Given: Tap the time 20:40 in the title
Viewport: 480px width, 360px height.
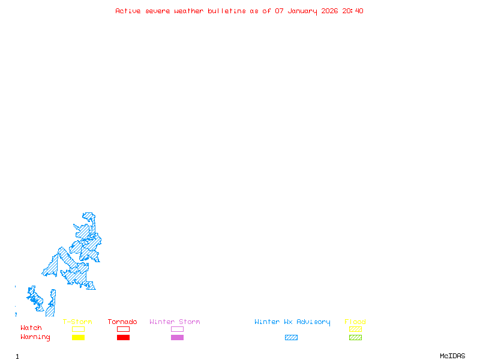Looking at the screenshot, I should (353, 11).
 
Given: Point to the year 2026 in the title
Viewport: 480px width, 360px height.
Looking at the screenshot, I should (330, 11).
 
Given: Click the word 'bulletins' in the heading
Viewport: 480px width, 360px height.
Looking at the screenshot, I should (227, 11).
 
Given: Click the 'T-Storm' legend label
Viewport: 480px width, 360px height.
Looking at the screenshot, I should (77, 322).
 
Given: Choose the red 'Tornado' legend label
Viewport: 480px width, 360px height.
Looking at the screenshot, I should (122, 322).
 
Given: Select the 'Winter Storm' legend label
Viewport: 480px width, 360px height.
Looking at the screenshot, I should (175, 322).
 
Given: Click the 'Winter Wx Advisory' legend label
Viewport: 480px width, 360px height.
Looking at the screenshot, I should (292, 322).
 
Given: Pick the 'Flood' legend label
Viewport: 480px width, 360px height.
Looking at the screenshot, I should (355, 322).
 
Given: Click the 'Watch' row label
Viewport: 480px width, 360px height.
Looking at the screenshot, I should (31, 328).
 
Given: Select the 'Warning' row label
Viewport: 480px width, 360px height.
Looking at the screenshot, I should (35, 337).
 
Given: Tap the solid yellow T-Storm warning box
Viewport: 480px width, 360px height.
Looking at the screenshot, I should (78, 338).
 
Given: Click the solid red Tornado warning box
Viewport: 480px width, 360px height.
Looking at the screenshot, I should (123, 338).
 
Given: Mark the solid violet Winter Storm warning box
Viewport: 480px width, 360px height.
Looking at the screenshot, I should (177, 338).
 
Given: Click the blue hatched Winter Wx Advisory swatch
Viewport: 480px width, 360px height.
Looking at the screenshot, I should (291, 338).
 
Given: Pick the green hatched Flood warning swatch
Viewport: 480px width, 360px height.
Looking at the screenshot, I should (355, 338).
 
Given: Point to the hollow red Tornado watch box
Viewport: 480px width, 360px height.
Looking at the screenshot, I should (123, 329).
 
